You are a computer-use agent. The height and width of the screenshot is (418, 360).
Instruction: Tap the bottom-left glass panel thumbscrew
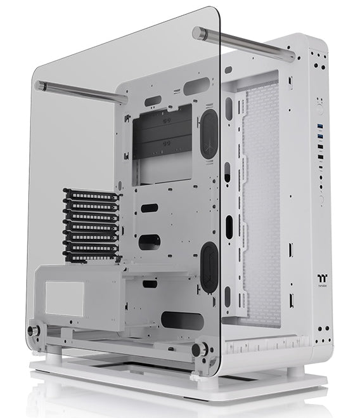(x=32, y=332)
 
